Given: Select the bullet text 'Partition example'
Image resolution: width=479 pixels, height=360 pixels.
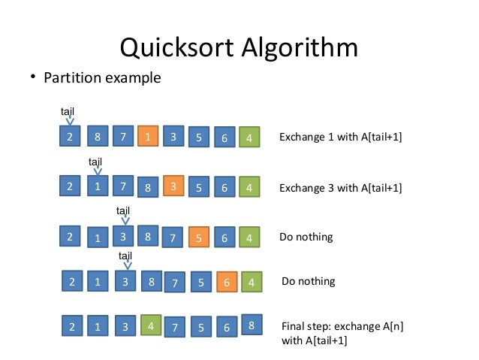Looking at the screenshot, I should click(x=102, y=78).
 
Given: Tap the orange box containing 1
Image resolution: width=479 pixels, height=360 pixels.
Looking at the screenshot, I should click(x=149, y=138).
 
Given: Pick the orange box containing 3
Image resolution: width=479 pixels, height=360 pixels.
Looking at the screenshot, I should click(x=173, y=186).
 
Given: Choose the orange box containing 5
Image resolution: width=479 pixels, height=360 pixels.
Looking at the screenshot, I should click(x=199, y=237).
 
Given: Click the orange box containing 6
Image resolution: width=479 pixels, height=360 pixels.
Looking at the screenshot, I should click(x=227, y=283).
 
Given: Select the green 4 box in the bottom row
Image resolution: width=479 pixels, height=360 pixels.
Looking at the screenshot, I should click(x=150, y=327).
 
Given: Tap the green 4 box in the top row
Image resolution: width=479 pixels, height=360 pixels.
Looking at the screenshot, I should click(x=249, y=138).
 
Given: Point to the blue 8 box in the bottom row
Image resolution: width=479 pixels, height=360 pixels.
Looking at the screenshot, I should click(x=251, y=326).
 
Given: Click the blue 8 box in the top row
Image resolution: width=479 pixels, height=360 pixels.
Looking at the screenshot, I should click(x=98, y=138).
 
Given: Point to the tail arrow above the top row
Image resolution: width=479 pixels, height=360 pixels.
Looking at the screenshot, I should click(x=69, y=119).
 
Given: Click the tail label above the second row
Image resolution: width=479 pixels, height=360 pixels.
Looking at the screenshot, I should click(x=95, y=162).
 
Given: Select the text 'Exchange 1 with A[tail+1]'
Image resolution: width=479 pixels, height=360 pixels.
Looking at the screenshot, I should click(x=336, y=138).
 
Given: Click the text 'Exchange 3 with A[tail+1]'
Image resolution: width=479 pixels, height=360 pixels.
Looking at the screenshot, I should click(x=340, y=187).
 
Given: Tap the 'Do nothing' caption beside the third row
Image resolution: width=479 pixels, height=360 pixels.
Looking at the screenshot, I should click(x=306, y=237).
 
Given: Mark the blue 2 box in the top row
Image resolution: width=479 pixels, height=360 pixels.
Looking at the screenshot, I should click(x=70, y=138).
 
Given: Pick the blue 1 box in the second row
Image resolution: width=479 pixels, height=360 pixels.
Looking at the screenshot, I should click(x=98, y=187).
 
